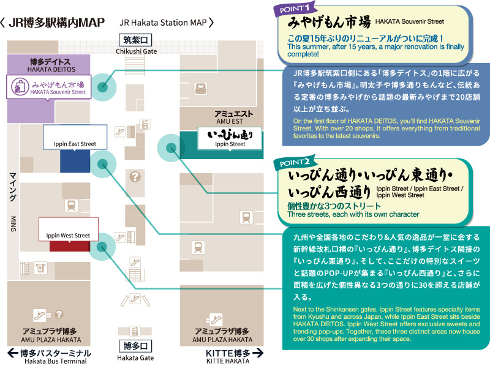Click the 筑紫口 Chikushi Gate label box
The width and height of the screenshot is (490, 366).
pos(135,40)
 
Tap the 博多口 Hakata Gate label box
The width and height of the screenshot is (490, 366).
pos(135,346)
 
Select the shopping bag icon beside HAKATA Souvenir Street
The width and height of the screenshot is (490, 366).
pos(20,86)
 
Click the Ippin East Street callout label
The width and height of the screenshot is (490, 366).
pos(75,137)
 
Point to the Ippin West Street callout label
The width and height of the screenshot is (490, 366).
pos(69,229)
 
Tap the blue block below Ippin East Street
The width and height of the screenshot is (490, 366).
pos(75,161)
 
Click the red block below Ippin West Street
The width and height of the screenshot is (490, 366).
pos(70,246)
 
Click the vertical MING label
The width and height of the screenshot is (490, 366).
pos(13,224)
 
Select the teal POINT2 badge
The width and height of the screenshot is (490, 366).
pos(295,162)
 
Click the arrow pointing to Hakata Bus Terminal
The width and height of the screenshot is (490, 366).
pos(13,353)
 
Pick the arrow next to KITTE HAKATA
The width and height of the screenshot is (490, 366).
pos(258,353)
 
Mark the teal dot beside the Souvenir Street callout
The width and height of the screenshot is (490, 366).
pos(102,87)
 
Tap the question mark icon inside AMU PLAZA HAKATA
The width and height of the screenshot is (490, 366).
pos(59,314)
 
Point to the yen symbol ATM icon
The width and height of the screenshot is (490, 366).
pos(40,268)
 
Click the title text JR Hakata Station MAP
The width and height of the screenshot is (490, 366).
pos(163,23)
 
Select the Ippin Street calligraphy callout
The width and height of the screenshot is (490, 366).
pos(230,139)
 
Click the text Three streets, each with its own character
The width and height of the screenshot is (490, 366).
pos(353,214)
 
